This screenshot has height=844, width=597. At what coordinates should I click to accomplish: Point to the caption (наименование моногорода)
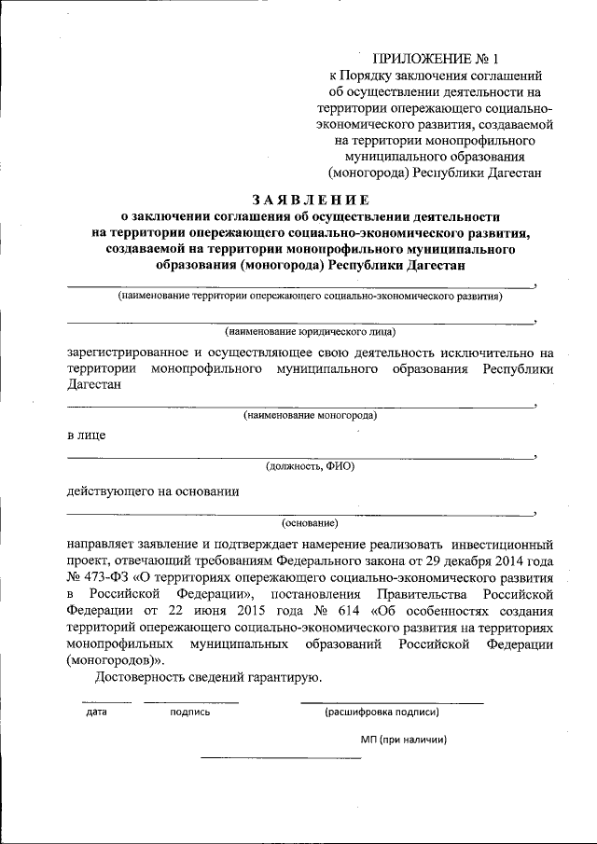pyautogui.click(x=310, y=415)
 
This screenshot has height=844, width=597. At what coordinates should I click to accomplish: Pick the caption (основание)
pyautogui.click(x=310, y=523)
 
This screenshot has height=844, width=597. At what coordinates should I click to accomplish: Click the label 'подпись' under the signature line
pyautogui.click(x=190, y=713)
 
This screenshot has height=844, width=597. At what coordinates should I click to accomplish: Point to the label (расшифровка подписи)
pyautogui.click(x=382, y=712)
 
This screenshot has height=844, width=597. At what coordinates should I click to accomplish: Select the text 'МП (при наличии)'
pyautogui.click(x=404, y=739)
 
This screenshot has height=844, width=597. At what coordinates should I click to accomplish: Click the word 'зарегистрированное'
pyautogui.click(x=129, y=353)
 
